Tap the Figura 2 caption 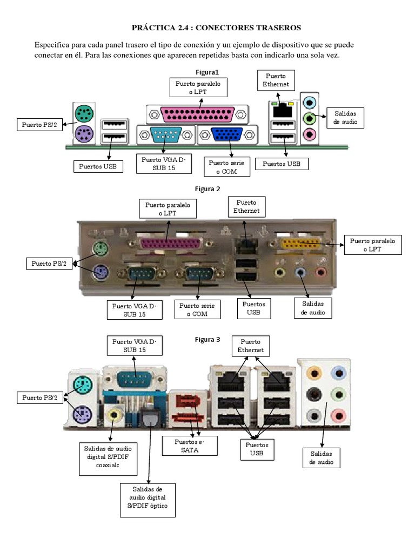coord(207,188)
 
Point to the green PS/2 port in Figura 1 coord(83,114)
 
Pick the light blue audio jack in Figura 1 coord(310,101)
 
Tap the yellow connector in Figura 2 coord(300,244)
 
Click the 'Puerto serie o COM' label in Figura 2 coord(198,309)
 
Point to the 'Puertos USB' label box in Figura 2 coord(254,308)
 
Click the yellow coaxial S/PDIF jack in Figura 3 coord(114,415)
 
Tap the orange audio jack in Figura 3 coord(313,372)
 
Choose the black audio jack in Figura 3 coord(313,394)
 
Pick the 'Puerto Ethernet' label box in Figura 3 coord(250,346)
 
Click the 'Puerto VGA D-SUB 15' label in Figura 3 coord(133,346)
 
